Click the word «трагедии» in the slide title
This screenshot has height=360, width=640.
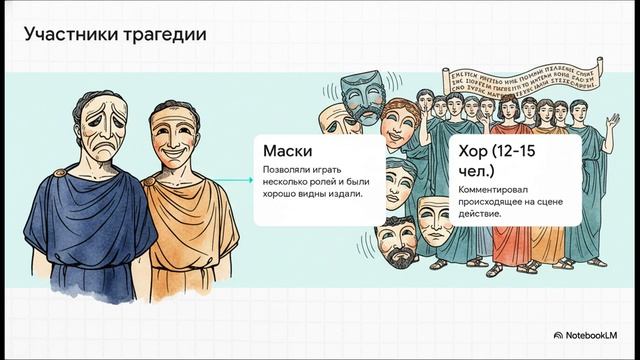pos(165,36)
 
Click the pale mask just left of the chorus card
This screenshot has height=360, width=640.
pos(433,218)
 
